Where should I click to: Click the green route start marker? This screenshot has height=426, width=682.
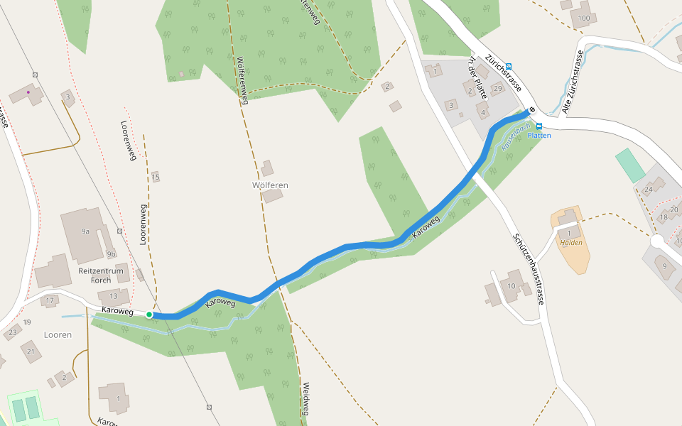pyautogui.click(x=149, y=314)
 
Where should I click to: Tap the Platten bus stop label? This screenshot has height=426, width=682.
pyautogui.click(x=539, y=135)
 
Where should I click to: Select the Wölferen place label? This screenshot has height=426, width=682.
pyautogui.click(x=270, y=185)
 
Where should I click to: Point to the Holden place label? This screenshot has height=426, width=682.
pyautogui.click(x=571, y=243)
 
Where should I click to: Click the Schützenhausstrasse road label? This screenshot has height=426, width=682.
pyautogui.click(x=527, y=269)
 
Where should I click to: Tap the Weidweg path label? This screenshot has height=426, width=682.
pyautogui.click(x=305, y=399)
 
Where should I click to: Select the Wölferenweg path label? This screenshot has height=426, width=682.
pyautogui.click(x=242, y=80)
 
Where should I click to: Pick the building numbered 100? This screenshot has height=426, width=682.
pyautogui.click(x=584, y=18)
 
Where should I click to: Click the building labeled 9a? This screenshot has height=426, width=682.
pyautogui.click(x=85, y=231)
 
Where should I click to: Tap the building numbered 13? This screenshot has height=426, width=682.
pyautogui.click(x=114, y=296)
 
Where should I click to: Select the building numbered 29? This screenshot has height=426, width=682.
pyautogui.click(x=497, y=88)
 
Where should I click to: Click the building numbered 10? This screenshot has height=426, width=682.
pyautogui.click(x=511, y=286)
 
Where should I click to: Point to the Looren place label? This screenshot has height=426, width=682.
pyautogui.click(x=58, y=334)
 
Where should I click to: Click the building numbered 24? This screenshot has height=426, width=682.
pyautogui.click(x=648, y=190)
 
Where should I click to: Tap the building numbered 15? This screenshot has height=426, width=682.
pyautogui.click(x=156, y=177)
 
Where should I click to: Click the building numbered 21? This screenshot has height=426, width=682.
pyautogui.click(x=31, y=351)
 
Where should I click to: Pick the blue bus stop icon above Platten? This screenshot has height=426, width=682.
pyautogui.click(x=539, y=126)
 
